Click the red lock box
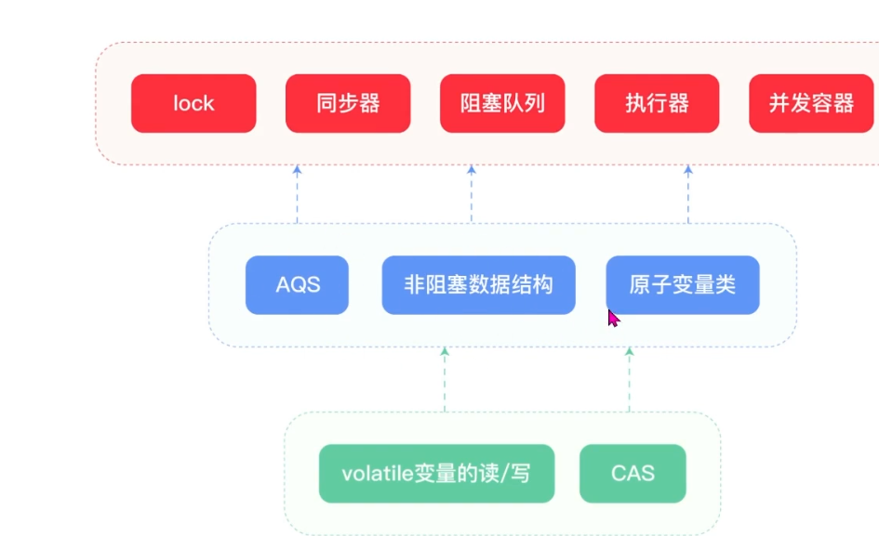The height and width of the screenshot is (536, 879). point(193,104)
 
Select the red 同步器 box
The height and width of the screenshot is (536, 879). point(348,104)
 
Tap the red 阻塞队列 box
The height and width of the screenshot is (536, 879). point(502,104)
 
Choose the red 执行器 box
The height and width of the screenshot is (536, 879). point(657,104)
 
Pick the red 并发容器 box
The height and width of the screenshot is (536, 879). point(811,104)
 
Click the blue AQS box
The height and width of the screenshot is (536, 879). point(297,285)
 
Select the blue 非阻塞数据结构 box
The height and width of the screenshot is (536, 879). point(479,285)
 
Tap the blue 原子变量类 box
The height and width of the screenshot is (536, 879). point(683,285)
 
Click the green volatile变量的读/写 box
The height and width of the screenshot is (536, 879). point(436,473)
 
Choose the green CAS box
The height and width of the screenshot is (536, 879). point(633,473)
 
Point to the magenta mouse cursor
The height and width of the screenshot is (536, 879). point(613,318)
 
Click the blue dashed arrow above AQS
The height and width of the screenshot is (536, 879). point(297,194)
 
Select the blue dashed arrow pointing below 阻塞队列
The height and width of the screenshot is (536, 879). point(472,194)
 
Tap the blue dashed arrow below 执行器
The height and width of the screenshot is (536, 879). point(688,194)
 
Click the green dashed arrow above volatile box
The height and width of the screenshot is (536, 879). point(445,380)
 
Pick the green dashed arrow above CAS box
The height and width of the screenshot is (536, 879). point(629,380)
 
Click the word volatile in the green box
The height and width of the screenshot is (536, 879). point(378,473)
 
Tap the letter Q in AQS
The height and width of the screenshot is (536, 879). point(299,285)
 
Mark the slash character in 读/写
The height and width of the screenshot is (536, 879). point(505,474)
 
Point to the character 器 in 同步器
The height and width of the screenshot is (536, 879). point(370,104)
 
